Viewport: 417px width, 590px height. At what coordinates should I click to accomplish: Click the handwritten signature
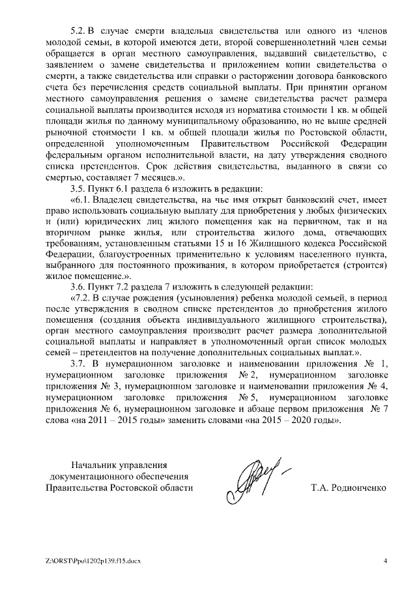[x=254, y=479]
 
